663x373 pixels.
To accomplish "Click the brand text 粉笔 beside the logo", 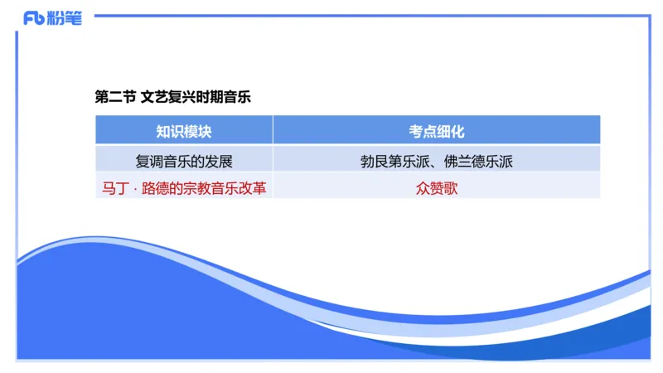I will click(x=66, y=18).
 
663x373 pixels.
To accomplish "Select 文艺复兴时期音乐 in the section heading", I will click(x=196, y=97).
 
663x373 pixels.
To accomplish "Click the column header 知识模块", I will click(x=184, y=131).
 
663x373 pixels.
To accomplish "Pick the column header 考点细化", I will click(x=437, y=131).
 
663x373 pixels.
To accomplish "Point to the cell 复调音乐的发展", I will click(x=184, y=161).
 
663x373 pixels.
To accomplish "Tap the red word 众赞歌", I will click(x=437, y=188).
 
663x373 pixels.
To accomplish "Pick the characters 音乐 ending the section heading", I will click(x=237, y=97).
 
